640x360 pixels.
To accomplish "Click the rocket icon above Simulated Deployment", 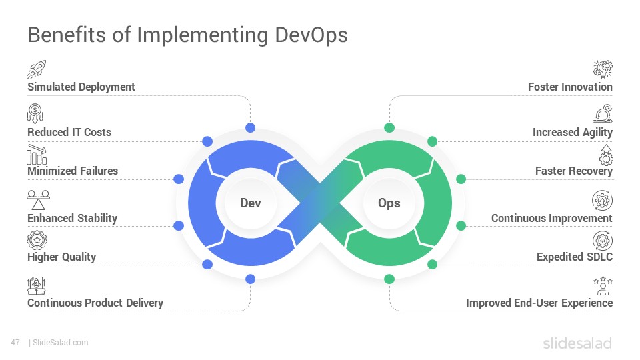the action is tap(36, 69).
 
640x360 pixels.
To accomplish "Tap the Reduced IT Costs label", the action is tap(69, 132).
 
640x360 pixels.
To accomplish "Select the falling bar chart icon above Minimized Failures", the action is tap(37, 154).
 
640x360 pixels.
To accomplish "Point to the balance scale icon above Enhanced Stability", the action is tap(39, 200).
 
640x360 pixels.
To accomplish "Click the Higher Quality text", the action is tap(61, 257).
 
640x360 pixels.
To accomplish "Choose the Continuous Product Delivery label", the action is tap(95, 303).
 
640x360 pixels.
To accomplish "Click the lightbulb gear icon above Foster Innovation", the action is tap(603, 69).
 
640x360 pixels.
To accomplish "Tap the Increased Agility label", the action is tap(572, 132).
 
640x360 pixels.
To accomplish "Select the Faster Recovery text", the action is tap(574, 171).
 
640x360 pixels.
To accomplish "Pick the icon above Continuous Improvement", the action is tap(603, 201).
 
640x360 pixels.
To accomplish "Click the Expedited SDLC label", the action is tap(575, 257).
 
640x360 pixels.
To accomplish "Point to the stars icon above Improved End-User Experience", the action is tap(603, 286).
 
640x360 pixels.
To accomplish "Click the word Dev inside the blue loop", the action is tap(250, 203).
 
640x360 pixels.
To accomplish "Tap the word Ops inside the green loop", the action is tap(389, 203).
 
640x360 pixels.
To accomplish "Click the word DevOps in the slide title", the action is tap(311, 35).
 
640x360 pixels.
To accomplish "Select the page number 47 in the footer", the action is tap(15, 343).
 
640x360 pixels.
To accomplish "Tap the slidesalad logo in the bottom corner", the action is tap(577, 343).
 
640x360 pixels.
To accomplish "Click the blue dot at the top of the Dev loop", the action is tap(250, 128).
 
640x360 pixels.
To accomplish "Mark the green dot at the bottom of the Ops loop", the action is tap(389, 279).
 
